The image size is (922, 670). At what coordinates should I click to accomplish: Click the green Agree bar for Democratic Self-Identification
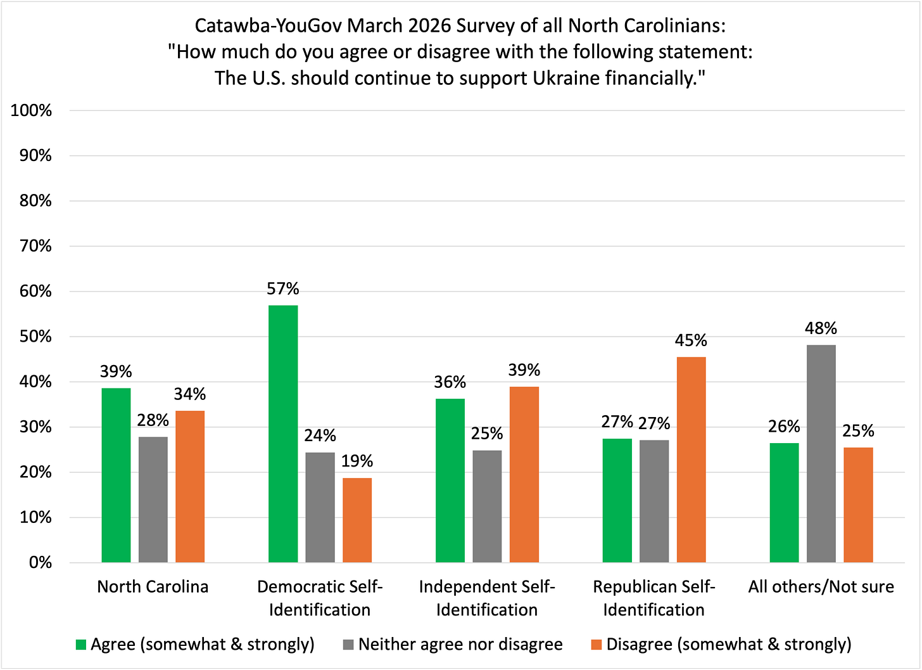pyautogui.click(x=283, y=434)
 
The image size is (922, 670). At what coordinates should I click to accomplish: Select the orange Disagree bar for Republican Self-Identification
pyautogui.click(x=691, y=460)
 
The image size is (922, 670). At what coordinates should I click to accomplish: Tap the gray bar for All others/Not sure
pyautogui.click(x=821, y=454)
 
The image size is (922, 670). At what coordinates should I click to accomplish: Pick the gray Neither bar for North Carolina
pyautogui.click(x=153, y=499)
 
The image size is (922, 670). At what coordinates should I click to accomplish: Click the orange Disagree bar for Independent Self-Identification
pyautogui.click(x=524, y=474)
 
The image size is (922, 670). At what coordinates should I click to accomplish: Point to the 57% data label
pyautogui.click(x=283, y=289)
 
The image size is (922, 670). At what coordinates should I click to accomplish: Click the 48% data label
pyautogui.click(x=821, y=328)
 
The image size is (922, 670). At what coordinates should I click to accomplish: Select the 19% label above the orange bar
pyautogui.click(x=357, y=461)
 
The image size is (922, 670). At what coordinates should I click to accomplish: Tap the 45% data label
pyautogui.click(x=691, y=340)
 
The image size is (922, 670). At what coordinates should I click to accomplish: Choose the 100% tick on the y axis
pyautogui.click(x=32, y=111)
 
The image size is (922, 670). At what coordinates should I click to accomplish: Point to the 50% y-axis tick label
pyautogui.click(x=35, y=337)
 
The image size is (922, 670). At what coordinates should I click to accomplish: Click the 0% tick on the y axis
pyautogui.click(x=40, y=563)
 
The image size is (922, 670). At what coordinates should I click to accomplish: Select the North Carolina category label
pyautogui.click(x=153, y=587)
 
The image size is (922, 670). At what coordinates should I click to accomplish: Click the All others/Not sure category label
pyautogui.click(x=821, y=587)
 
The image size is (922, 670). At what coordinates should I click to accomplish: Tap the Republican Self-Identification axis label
pyautogui.click(x=654, y=598)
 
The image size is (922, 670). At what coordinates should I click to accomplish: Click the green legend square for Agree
pyautogui.click(x=80, y=645)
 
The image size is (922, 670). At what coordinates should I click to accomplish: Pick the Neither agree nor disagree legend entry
pyautogui.click(x=460, y=645)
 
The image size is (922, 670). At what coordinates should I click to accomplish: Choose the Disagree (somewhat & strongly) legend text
pyautogui.click(x=729, y=645)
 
